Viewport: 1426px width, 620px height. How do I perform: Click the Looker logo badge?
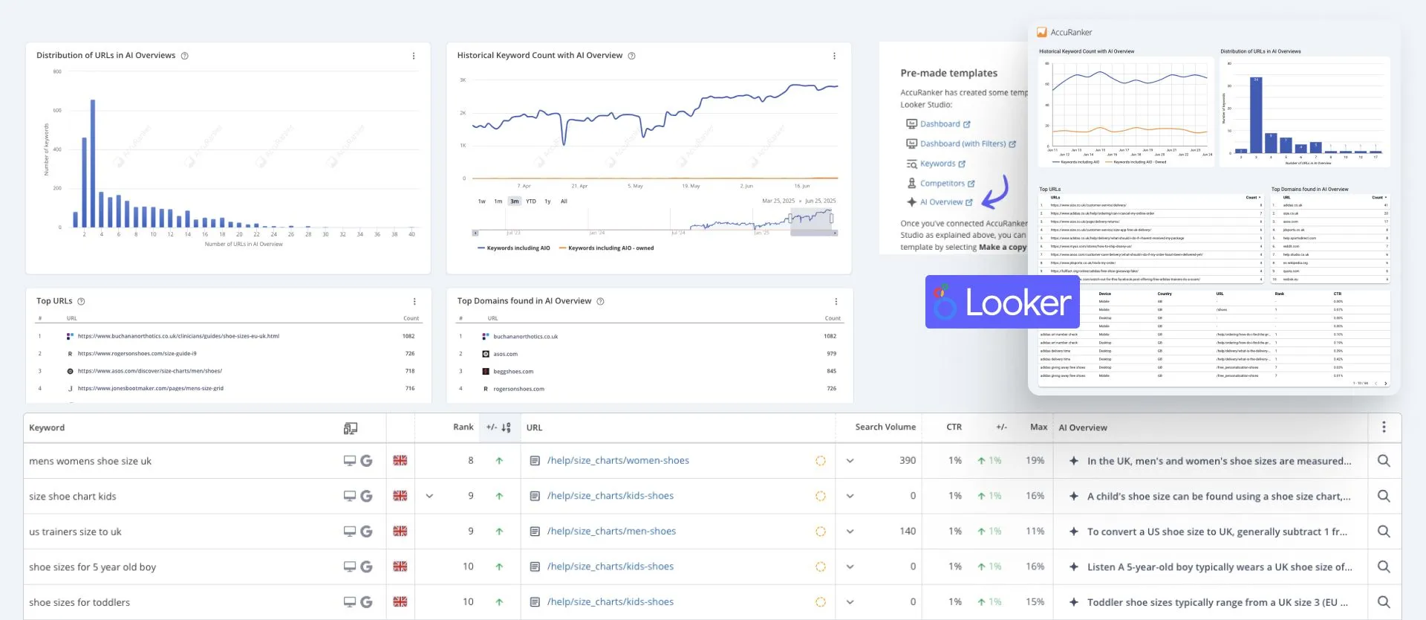tap(1002, 302)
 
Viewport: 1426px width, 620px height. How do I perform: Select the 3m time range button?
tap(515, 201)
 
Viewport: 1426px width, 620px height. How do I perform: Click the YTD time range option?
tap(531, 201)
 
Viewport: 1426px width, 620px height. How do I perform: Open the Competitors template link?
tap(942, 184)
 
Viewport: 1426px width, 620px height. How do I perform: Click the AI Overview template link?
tap(940, 202)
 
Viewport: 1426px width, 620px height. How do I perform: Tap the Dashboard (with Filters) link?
tap(962, 144)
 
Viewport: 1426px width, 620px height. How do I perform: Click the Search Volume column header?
tap(885, 427)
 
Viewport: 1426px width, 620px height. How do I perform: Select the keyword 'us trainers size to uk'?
tap(75, 532)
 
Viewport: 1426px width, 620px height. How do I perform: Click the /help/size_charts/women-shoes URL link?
tap(618, 461)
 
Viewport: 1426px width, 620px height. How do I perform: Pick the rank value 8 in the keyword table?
tap(470, 461)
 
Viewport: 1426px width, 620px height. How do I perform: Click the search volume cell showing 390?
tap(907, 461)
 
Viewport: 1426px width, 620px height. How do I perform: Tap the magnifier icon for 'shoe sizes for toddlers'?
tap(1384, 602)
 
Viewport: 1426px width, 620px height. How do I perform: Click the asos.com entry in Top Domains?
tap(505, 354)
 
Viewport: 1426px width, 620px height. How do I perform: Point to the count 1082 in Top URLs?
tap(408, 336)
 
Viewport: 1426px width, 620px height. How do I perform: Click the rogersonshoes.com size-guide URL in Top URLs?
tap(137, 354)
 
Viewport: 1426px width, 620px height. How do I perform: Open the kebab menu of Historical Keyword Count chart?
tap(834, 56)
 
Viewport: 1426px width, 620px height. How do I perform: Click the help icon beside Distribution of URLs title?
tap(185, 56)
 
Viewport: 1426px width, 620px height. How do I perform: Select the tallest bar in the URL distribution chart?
tap(93, 163)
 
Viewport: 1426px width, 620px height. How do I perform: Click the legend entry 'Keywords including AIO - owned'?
tap(611, 248)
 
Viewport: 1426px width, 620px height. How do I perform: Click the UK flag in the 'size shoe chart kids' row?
tap(400, 496)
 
